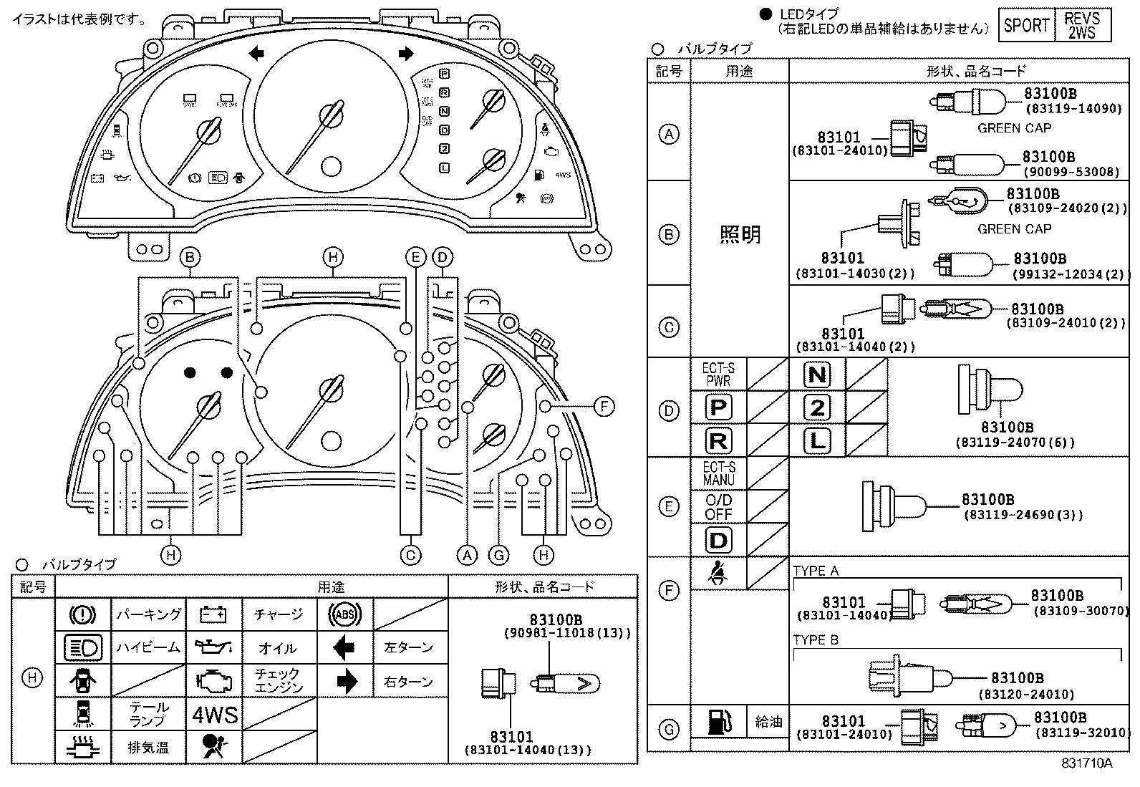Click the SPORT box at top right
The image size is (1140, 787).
pyautogui.click(x=1026, y=26)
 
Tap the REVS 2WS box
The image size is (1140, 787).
pyautogui.click(x=1081, y=26)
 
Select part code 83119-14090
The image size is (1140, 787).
pyautogui.click(x=1073, y=109)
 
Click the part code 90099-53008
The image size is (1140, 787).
pyautogui.click(x=1071, y=172)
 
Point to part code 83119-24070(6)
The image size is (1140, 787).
pyautogui.click(x=1015, y=443)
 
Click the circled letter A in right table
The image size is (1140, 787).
pyautogui.click(x=669, y=134)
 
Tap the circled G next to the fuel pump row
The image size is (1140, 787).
pyautogui.click(x=669, y=730)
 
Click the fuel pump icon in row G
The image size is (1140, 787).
pyautogui.click(x=718, y=722)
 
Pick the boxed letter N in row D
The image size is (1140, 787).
pyautogui.click(x=816, y=375)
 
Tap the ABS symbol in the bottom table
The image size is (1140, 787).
pyautogui.click(x=344, y=614)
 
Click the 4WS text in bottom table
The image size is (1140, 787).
pyautogui.click(x=215, y=715)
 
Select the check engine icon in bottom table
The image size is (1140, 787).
pyautogui.click(x=214, y=681)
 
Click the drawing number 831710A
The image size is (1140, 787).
pyautogui.click(x=1086, y=763)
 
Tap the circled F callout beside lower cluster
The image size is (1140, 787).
pyautogui.click(x=604, y=407)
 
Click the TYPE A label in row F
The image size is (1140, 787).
pyautogui.click(x=816, y=571)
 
